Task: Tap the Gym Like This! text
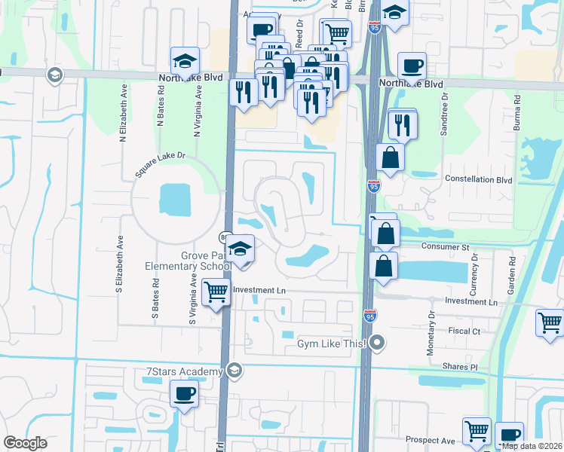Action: pos(330,344)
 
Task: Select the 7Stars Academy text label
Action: pos(184,371)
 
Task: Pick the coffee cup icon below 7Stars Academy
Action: pos(185,393)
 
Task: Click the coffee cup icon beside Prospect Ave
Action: pos(509,435)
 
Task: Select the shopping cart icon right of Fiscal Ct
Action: pos(550,322)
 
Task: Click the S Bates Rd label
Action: pos(156,299)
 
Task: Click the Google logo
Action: pos(25,443)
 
